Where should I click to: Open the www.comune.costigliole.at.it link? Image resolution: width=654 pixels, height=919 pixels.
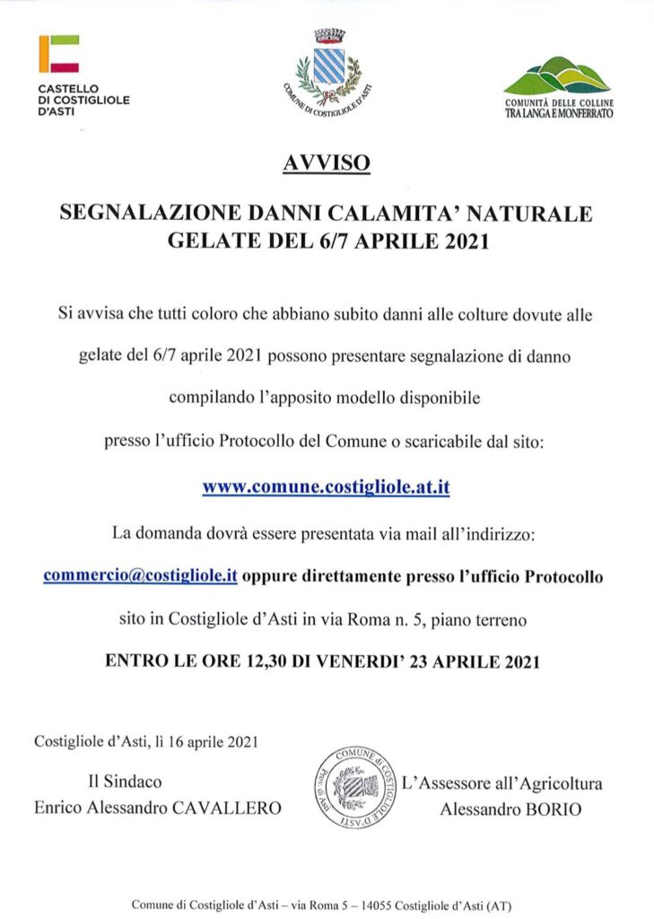click(x=327, y=488)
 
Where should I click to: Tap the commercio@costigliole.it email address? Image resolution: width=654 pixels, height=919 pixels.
click(x=139, y=575)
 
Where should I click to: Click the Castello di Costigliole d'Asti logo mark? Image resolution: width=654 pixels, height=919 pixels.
click(x=59, y=54)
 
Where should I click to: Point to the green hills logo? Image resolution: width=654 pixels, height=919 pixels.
click(x=557, y=77)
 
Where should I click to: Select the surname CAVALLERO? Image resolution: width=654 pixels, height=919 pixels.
click(x=231, y=809)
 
